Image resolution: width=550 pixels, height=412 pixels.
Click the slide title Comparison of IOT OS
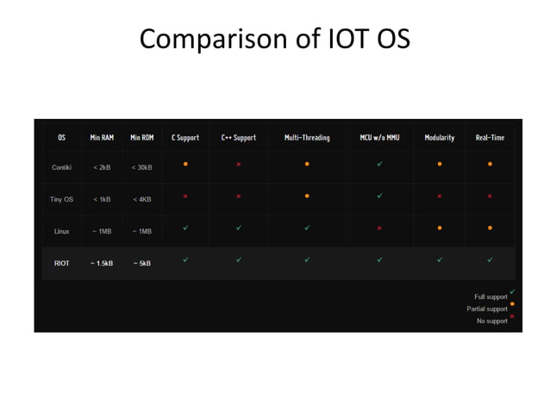coord(274,39)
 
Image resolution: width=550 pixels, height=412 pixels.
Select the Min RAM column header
coord(102,137)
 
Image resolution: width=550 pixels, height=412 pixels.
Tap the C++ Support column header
coord(238,137)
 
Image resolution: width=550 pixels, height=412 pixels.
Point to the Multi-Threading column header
coord(307,137)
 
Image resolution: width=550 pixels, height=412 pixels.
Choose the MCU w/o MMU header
coord(379,137)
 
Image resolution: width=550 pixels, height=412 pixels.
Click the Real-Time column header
coord(490,137)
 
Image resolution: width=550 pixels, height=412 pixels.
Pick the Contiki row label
coord(61,167)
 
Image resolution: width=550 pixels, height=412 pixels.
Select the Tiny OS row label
coord(61,199)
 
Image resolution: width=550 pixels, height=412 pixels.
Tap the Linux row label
coord(61,231)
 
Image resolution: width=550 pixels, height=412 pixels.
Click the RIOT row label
coord(61,263)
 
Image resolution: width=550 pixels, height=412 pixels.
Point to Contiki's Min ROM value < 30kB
coord(142,167)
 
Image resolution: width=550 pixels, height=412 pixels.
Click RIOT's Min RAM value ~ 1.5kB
coord(102,263)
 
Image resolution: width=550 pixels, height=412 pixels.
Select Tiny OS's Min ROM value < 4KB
coord(142,199)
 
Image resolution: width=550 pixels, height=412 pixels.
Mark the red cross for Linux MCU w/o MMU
coord(379,228)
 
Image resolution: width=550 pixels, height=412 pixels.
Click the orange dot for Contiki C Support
coord(185,163)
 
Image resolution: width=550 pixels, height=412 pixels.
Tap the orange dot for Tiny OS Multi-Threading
coord(307,196)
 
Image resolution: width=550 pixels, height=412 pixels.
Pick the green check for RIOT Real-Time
coord(490,259)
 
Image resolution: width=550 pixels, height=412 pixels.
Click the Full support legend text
coord(491,297)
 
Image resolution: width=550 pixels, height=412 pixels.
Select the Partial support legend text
coord(487,309)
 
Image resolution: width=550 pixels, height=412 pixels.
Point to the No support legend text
coord(491,321)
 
